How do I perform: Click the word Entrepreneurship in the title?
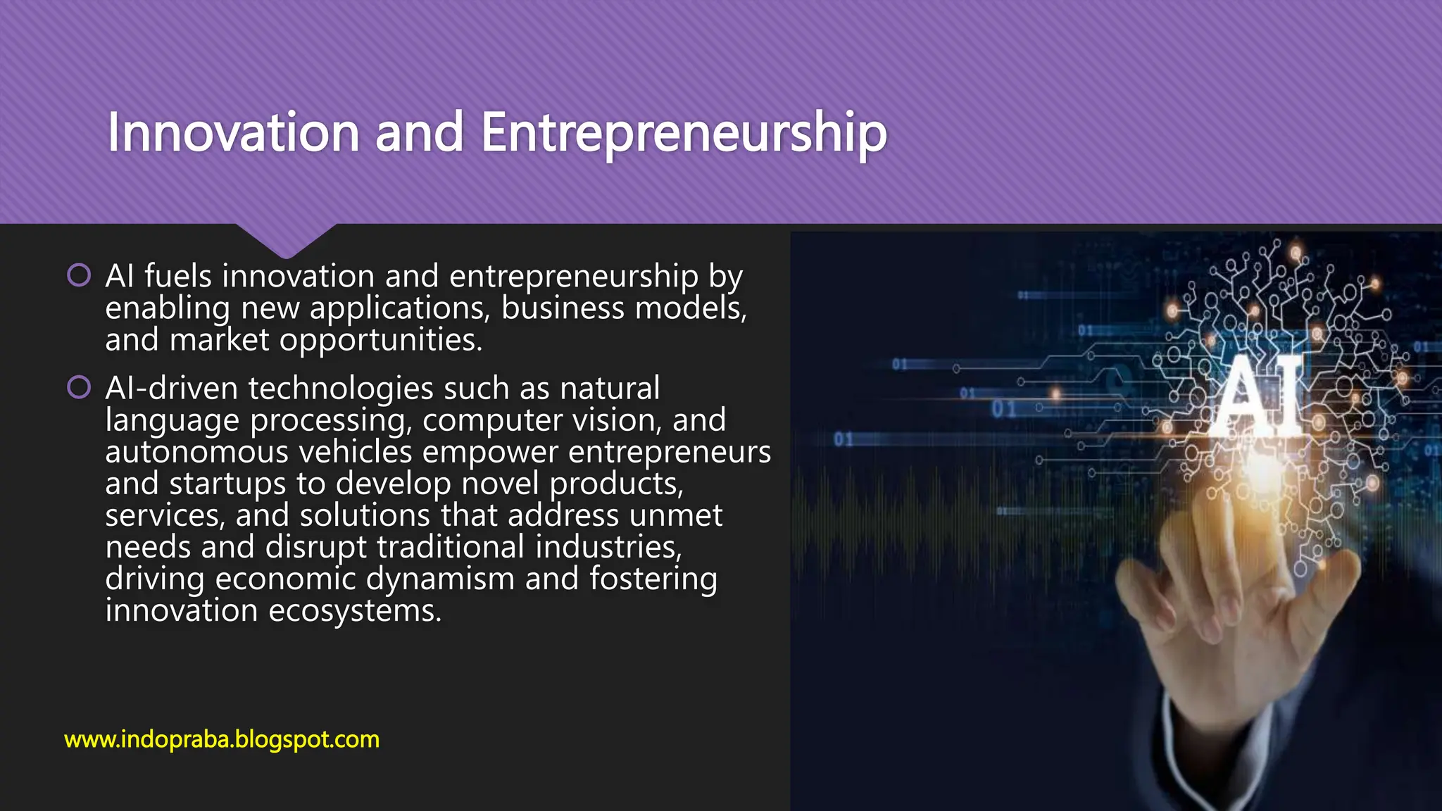pos(683,134)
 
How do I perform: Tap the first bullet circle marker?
pos(79,275)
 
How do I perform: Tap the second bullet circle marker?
pos(79,387)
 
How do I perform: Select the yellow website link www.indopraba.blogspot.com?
pos(222,739)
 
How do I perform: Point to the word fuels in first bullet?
pos(178,275)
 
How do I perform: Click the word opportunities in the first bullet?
pos(380,340)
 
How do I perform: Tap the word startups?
pos(227,484)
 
